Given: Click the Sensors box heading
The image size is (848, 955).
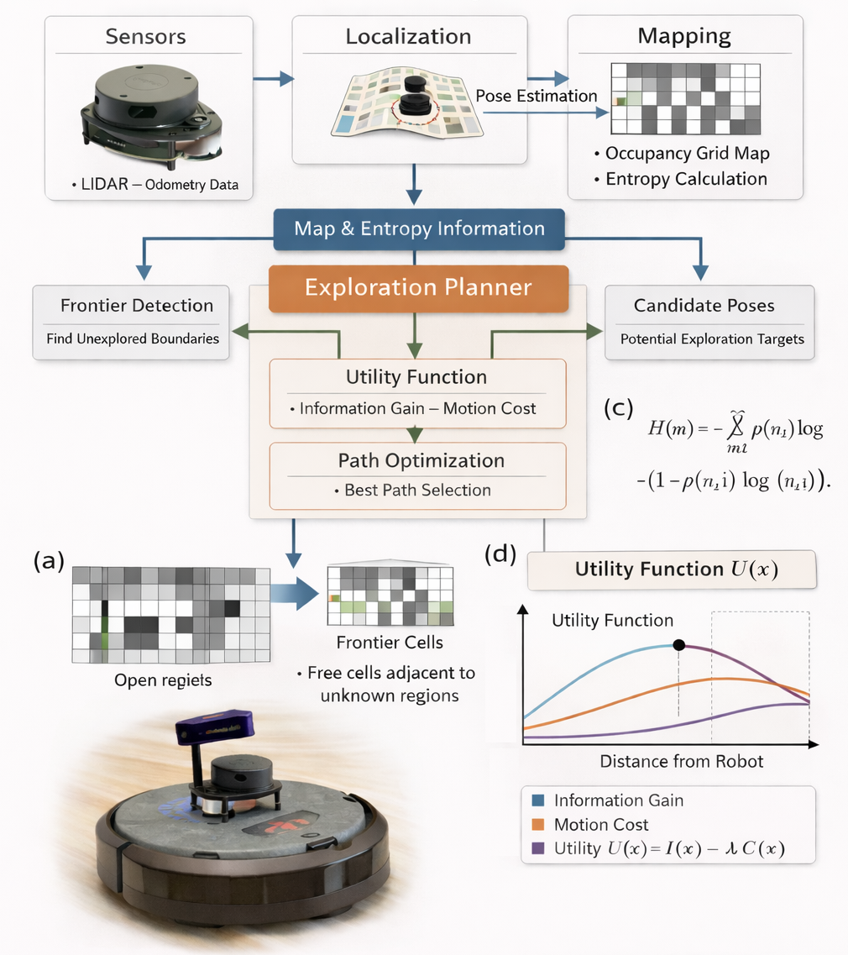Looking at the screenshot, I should tap(145, 37).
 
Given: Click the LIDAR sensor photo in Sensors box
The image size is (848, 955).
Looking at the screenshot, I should tap(146, 113).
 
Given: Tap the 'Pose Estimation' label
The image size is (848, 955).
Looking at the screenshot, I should tap(537, 96).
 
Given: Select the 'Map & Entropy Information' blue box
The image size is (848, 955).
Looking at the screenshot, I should tap(419, 228).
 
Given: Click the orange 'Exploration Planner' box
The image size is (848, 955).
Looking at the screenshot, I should tap(418, 287).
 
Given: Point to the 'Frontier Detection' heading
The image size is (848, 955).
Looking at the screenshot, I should tap(137, 306).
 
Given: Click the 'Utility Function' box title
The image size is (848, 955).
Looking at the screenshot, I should tap(416, 377).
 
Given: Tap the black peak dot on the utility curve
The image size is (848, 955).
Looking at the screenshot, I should tap(678, 645).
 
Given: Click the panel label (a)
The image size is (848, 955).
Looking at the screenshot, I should tap(49, 561).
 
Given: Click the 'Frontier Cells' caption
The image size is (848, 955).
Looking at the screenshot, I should tap(389, 643).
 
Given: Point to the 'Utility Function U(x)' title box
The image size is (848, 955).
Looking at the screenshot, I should tap(671, 569).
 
